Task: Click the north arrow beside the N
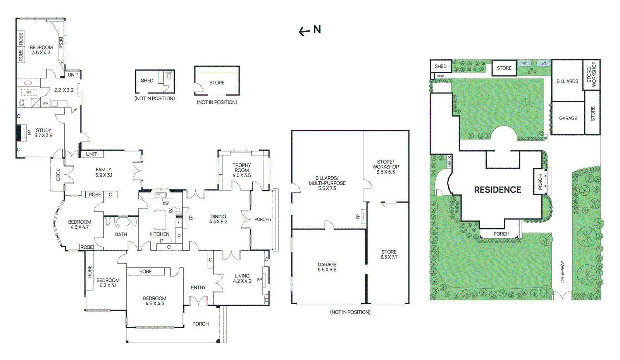click(305, 31)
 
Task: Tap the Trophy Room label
click(242, 168)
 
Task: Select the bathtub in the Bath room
click(126, 222)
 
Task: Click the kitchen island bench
click(160, 220)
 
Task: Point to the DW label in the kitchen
click(166, 204)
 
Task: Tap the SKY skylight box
click(29, 92)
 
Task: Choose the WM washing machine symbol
click(45, 103)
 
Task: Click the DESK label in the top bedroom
click(60, 43)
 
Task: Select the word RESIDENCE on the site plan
click(498, 190)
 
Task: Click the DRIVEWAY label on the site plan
click(562, 271)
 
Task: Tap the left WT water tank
click(524, 64)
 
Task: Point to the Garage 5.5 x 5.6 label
click(327, 267)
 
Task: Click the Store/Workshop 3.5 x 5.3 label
click(386, 167)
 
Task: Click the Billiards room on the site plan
click(567, 81)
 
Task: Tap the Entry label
click(198, 288)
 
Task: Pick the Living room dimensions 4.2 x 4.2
click(242, 281)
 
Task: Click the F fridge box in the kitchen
click(179, 222)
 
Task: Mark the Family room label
click(103, 172)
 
